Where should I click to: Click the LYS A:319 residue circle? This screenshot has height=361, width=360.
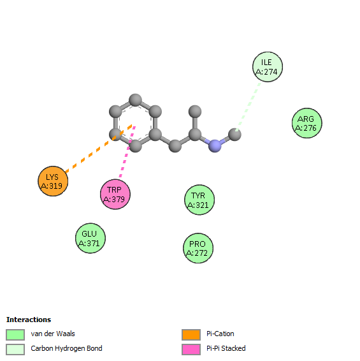coord(53,181)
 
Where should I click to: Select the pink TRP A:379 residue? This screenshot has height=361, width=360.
coord(115,194)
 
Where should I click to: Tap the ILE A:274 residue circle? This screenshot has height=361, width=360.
coord(268,67)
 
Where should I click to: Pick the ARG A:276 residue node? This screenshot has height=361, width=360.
coord(307,123)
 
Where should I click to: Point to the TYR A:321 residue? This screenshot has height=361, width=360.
coord(199,200)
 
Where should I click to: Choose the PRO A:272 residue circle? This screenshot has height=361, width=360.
coord(198,248)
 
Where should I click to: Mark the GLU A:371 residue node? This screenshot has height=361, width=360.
coord(90,238)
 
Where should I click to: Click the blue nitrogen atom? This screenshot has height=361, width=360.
coord(215,145)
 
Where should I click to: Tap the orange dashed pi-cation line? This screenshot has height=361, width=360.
coord(99,149)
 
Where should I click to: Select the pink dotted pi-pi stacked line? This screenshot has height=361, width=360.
coord(127,152)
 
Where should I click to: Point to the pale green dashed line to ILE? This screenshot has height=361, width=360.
coord(248,107)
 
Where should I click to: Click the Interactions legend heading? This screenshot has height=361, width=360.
coord(29,320)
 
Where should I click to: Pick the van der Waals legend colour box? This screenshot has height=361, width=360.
coord(15,334)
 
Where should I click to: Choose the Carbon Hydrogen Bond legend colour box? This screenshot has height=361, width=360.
coord(15,350)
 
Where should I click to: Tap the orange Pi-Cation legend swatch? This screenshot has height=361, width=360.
coord(191,334)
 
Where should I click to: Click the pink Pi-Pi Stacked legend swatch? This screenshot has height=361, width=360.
coord(191,350)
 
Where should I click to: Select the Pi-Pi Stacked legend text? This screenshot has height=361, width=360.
coord(226,348)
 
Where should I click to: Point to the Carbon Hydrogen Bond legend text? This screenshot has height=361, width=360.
coord(66,349)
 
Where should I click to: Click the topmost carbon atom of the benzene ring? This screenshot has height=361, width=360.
coord(135,100)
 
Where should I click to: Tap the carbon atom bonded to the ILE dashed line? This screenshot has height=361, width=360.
coord(234,135)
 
